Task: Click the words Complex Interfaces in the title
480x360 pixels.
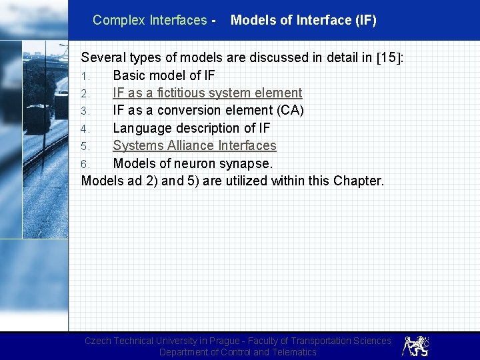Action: tap(150, 20)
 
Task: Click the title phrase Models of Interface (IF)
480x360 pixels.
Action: tap(303, 20)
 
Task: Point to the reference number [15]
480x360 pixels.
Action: tap(389, 58)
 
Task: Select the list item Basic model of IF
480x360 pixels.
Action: tap(164, 75)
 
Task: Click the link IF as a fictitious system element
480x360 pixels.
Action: tap(207, 93)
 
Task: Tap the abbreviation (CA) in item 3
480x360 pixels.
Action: tap(287, 110)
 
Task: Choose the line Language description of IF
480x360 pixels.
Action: tap(191, 128)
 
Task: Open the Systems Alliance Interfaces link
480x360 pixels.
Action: tap(194, 145)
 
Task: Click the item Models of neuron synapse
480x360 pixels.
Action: tap(193, 163)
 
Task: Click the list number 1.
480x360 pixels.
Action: tap(85, 76)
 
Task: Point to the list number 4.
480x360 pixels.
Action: tap(85, 129)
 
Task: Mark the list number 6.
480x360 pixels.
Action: tap(85, 163)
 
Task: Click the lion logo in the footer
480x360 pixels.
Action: tap(415, 345)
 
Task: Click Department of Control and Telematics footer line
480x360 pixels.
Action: tap(237, 352)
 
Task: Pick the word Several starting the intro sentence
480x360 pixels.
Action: tap(104, 58)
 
